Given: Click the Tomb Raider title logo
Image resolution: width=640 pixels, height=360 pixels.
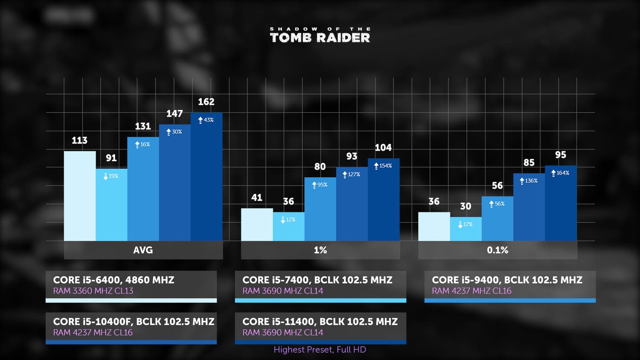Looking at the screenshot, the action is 320,35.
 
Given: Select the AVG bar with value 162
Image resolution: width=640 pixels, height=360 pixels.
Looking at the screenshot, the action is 207,177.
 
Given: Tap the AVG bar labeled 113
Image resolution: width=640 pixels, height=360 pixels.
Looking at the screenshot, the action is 80,196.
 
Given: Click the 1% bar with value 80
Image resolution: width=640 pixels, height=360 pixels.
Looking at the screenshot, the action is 320,209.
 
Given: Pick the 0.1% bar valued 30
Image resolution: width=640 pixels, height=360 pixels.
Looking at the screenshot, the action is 466,229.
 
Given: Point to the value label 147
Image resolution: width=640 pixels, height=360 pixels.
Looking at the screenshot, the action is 175,114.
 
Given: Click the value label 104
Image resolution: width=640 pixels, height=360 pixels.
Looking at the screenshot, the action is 383,148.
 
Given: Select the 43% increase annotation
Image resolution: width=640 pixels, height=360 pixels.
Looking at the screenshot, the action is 206,120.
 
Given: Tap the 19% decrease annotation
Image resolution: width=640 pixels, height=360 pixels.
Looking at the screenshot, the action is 111,176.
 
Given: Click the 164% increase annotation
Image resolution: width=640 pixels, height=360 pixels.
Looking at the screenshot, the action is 560,173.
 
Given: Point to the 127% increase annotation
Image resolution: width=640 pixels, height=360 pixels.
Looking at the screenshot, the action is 352,174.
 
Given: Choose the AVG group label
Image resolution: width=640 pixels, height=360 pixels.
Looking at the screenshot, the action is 143,250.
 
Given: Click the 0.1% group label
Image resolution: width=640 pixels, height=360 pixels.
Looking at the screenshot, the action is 498,250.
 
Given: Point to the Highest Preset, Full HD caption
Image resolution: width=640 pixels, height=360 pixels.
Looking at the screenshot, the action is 320,350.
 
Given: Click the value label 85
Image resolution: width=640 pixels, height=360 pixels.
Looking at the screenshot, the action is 529,163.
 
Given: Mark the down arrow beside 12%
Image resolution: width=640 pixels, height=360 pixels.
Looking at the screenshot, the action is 283,220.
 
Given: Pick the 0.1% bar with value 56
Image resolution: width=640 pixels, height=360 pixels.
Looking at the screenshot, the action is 498,218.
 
